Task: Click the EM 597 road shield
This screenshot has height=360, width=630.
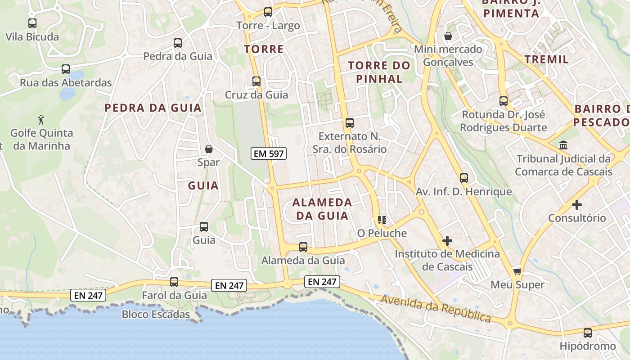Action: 268,153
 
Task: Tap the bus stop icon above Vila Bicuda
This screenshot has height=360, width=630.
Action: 32,23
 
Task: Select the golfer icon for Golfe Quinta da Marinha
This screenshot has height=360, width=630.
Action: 41,120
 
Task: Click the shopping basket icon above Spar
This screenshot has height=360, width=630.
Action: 209,149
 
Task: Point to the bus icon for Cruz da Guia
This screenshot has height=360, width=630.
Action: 256,81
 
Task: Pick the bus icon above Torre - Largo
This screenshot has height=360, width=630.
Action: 268,12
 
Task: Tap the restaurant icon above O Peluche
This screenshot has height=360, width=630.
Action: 382,220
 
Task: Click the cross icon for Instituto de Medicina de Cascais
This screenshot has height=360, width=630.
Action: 447,240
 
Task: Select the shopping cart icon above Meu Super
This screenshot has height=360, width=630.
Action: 517,271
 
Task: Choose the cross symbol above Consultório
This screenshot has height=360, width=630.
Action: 577,205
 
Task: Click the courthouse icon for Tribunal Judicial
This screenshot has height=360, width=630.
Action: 563,145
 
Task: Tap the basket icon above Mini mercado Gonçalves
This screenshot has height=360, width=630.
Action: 448,36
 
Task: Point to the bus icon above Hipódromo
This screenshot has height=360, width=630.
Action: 588,333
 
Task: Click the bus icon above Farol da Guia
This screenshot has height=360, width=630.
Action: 174,282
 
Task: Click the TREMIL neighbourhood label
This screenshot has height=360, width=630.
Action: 547,59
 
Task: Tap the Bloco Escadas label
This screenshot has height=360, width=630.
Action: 156,314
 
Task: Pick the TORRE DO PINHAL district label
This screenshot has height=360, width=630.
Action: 379,72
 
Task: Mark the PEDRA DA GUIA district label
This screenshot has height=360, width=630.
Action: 153,108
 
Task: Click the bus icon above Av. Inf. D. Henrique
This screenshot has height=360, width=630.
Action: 464,178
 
